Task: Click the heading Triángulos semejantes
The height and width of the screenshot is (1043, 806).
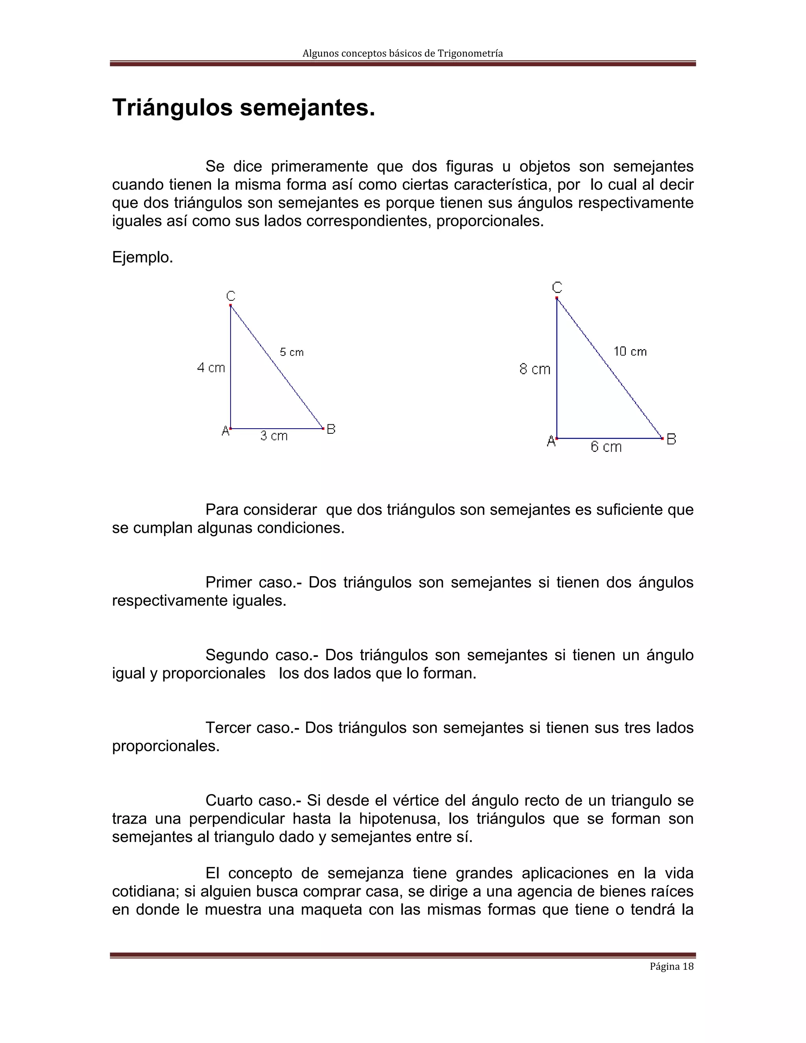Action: point(244,108)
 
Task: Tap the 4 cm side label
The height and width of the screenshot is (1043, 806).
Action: point(211,368)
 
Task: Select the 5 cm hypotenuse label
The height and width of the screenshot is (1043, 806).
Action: point(291,352)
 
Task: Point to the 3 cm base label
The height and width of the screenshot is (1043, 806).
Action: point(274,436)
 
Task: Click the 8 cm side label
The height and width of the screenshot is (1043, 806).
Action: point(535,369)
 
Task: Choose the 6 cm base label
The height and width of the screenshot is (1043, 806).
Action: point(606,447)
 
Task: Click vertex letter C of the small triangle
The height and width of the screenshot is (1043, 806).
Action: point(231,296)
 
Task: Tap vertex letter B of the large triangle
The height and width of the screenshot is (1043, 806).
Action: point(671,439)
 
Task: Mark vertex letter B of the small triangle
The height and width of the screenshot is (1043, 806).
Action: point(331,429)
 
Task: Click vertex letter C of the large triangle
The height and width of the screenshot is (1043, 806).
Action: point(557,287)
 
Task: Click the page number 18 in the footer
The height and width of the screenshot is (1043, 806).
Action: point(688,967)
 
